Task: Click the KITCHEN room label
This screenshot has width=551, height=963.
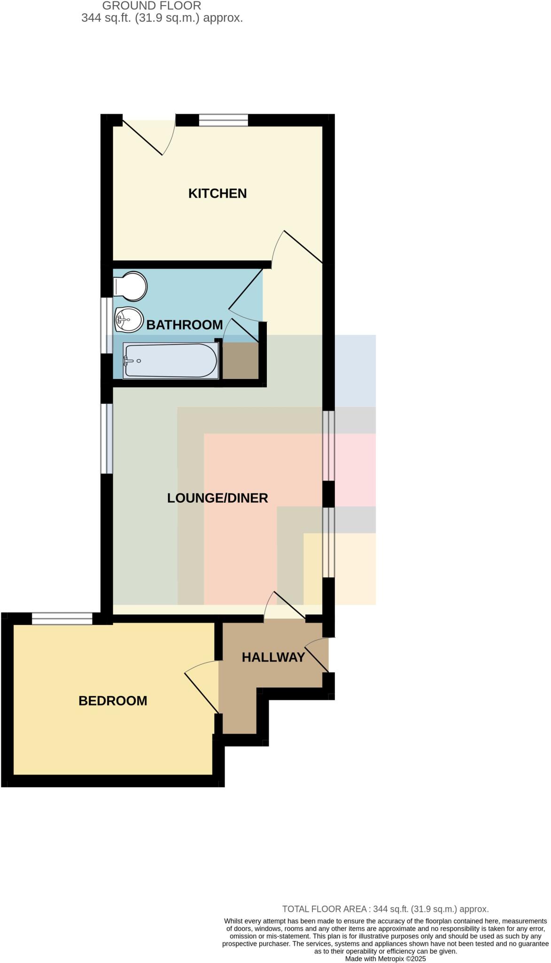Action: tap(217, 193)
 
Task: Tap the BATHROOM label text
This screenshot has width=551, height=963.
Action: tap(184, 324)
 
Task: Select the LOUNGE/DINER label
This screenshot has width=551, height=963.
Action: tap(217, 498)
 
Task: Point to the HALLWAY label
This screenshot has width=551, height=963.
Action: tap(273, 657)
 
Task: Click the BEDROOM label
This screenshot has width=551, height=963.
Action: tap(113, 701)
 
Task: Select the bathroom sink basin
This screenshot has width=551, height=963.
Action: tap(128, 320)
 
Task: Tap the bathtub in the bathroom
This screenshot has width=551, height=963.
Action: tap(170, 361)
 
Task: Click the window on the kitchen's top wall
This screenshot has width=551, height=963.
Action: tap(223, 120)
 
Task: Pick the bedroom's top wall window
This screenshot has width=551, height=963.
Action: tap(62, 618)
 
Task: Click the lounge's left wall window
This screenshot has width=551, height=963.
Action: tap(108, 438)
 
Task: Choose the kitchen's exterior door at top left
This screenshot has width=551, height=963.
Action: tap(142, 137)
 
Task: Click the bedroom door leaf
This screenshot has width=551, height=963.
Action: tap(202, 693)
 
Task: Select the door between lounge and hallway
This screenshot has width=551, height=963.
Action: tap(289, 605)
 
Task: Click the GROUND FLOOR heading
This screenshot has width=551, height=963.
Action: tap(152, 6)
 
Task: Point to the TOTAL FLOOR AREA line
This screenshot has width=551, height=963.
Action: tap(385, 909)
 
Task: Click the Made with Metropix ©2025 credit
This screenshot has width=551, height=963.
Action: tap(385, 958)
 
